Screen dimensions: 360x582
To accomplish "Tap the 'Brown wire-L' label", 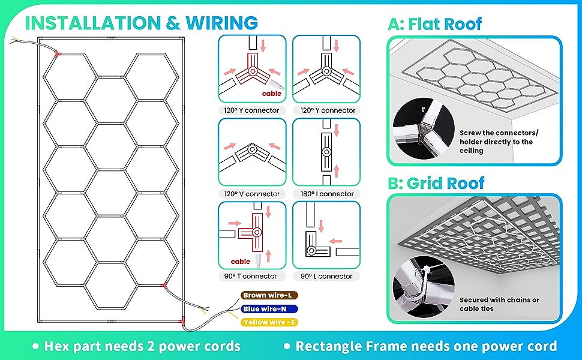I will [x=267, y=296].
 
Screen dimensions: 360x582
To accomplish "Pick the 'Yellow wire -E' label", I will [x=269, y=323].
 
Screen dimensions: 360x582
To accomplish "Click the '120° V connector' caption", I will [x=251, y=194].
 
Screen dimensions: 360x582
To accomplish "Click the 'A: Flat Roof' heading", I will [x=435, y=24].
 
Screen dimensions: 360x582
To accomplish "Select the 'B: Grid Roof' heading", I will [x=436, y=183].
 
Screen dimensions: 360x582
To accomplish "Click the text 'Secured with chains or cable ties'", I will [x=499, y=304].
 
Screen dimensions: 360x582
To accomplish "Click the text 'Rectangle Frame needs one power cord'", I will [x=426, y=346].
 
